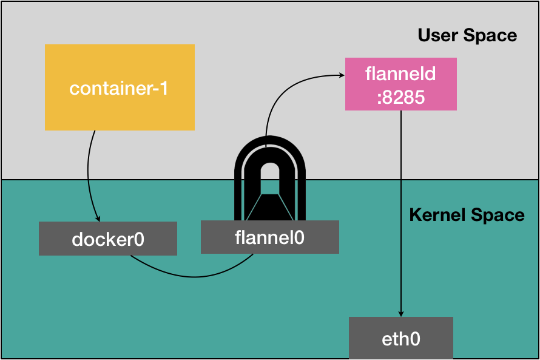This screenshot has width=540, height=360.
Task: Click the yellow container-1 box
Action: click(x=120, y=87)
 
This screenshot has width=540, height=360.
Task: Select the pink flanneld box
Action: click(x=400, y=84)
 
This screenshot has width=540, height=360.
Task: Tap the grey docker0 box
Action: click(x=107, y=239)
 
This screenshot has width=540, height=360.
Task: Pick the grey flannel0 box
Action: click(x=269, y=237)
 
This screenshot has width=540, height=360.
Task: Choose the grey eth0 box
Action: click(x=400, y=338)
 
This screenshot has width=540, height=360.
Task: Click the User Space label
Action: click(x=467, y=35)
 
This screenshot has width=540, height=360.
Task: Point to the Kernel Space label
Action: click(x=467, y=215)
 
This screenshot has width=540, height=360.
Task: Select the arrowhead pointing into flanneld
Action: click(x=341, y=76)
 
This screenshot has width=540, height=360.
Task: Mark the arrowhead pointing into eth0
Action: click(x=400, y=313)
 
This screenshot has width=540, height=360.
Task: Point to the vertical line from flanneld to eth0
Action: click(x=400, y=212)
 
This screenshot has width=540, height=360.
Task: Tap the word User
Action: click(x=438, y=35)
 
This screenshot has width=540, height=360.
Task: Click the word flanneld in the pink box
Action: click(x=400, y=74)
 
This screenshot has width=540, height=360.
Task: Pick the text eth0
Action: click(x=400, y=338)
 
